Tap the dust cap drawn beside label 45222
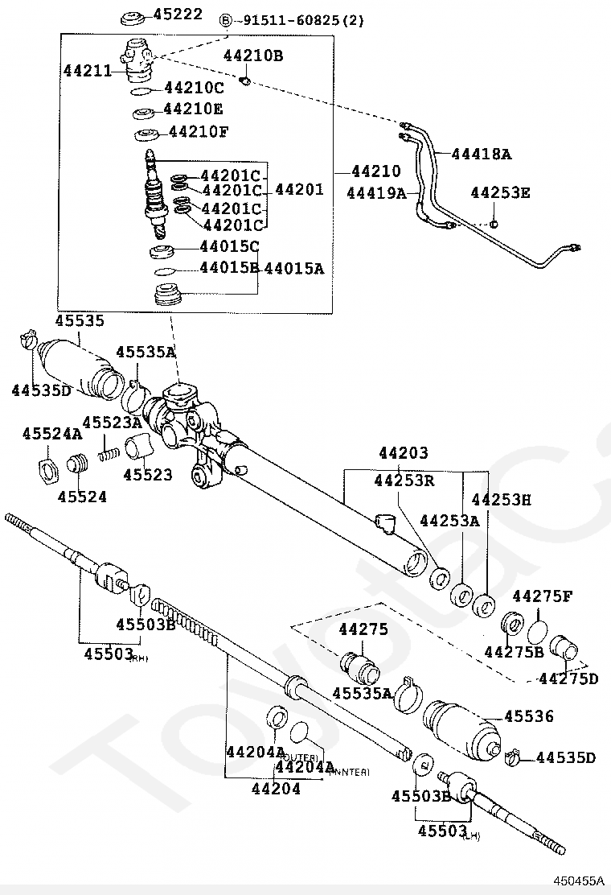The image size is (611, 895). pos(133,17)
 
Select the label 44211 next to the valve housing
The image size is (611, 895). pos(88,71)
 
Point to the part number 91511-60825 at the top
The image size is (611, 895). pos(297,20)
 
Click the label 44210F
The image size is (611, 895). pos(196,131)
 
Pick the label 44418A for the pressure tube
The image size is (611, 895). pos(482,153)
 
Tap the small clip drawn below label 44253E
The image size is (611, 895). pos(496,222)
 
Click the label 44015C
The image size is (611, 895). pos(229,246)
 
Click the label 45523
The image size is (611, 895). pos(147,475)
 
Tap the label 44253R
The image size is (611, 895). pos(404,480)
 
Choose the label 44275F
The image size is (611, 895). pos(543,596)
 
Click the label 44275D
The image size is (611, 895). pos(568,678)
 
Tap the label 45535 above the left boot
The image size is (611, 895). pos(80,321)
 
